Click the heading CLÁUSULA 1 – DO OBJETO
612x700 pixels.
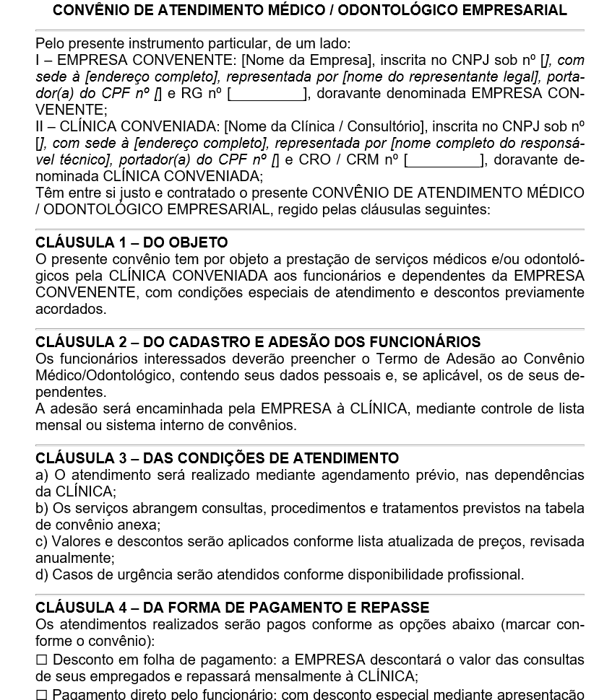coord(131,242)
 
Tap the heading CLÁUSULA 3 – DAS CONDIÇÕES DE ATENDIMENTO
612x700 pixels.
coord(217,458)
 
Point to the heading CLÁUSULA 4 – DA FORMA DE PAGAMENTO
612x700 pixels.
coord(232,608)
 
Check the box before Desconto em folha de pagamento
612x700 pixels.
coord(41,660)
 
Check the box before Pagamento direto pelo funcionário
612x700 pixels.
coord(41,694)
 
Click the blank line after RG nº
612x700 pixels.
coord(267,94)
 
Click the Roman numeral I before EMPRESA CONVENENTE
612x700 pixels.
coord(38,61)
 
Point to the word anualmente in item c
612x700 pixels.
coord(74,558)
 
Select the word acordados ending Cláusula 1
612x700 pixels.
coord(69,309)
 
